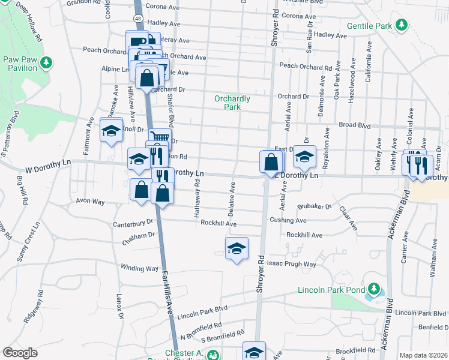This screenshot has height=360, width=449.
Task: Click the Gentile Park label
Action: click(369, 26)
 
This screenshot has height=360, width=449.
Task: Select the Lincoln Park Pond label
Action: click(331, 290)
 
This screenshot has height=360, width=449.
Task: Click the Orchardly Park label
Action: click(232, 103)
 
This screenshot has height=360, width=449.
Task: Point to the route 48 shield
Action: click(138, 19)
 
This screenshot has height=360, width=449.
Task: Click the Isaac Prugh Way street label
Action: click(292, 264)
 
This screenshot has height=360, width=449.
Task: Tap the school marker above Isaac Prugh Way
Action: click(237, 249)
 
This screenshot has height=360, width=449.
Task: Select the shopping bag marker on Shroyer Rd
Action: click(271, 162)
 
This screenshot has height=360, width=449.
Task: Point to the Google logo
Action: click(20, 353)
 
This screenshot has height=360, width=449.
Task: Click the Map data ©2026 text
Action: click(423, 355)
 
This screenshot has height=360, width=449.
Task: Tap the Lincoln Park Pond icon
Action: click(375, 290)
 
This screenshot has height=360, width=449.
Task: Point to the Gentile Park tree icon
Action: click(403, 26)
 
